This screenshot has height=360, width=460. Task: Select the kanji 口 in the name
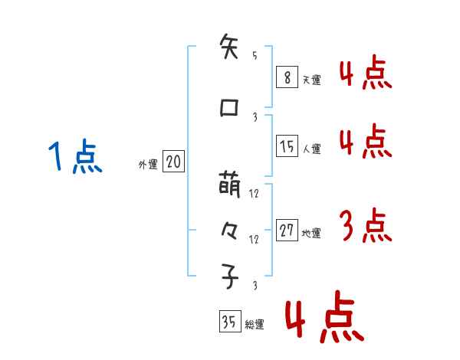click(229, 108)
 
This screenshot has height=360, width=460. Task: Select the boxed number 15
click(287, 147)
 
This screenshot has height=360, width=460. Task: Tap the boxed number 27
click(287, 231)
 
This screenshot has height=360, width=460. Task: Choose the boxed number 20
click(172, 162)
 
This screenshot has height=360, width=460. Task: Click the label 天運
click(310, 79)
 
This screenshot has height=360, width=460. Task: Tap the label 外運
click(147, 165)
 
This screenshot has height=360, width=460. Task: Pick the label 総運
click(254, 325)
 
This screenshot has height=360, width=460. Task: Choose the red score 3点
click(364, 226)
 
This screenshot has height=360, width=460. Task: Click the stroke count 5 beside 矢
click(255, 56)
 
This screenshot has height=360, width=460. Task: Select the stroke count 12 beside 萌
click(255, 194)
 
